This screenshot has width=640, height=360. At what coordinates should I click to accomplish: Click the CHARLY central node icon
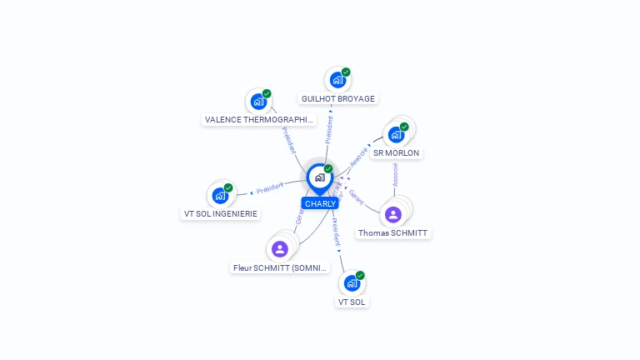[319, 177]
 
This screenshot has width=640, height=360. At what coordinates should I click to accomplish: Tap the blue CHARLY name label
[320, 203]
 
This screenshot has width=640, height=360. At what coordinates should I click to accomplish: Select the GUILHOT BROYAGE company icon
[337, 80]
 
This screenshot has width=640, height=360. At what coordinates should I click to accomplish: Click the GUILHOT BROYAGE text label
[338, 99]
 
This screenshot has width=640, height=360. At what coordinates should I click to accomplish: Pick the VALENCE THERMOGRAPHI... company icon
[258, 102]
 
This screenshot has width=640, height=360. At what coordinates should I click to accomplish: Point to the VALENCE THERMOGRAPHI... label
[260, 120]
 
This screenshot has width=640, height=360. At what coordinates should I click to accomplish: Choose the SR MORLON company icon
[396, 134]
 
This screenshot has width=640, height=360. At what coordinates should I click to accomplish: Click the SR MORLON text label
[397, 153]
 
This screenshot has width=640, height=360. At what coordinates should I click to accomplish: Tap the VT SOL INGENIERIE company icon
[220, 196]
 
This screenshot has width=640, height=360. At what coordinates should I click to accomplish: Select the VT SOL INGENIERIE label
[221, 214]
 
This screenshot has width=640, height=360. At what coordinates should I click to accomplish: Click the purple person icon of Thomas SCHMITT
[393, 214]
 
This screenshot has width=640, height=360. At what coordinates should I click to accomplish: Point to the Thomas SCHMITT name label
[394, 233]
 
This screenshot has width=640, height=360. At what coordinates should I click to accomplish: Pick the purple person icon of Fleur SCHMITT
[280, 248]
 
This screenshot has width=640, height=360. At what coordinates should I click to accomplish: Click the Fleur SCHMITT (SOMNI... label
[281, 268]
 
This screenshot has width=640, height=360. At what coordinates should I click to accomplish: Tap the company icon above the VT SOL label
[352, 283]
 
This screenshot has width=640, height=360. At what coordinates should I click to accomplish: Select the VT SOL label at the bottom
[352, 302]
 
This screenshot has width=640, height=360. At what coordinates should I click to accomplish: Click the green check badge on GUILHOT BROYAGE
[346, 72]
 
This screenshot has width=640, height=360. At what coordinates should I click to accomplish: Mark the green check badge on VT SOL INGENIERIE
[228, 187]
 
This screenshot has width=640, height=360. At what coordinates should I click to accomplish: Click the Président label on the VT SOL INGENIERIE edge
[270, 188]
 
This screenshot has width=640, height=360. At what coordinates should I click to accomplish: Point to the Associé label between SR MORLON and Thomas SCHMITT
[395, 175]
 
